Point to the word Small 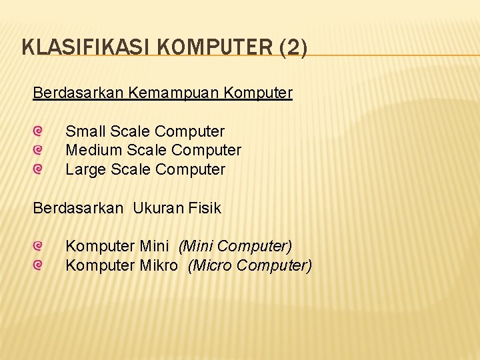[86, 131]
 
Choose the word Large [85, 170]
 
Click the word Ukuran [161, 208]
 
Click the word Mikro [159, 265]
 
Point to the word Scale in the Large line [131, 170]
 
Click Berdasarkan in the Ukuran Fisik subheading [78, 208]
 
